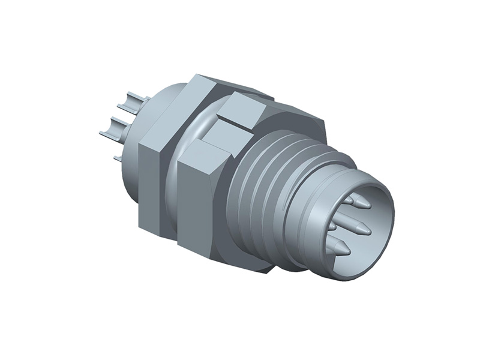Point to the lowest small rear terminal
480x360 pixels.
point(118,158)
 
